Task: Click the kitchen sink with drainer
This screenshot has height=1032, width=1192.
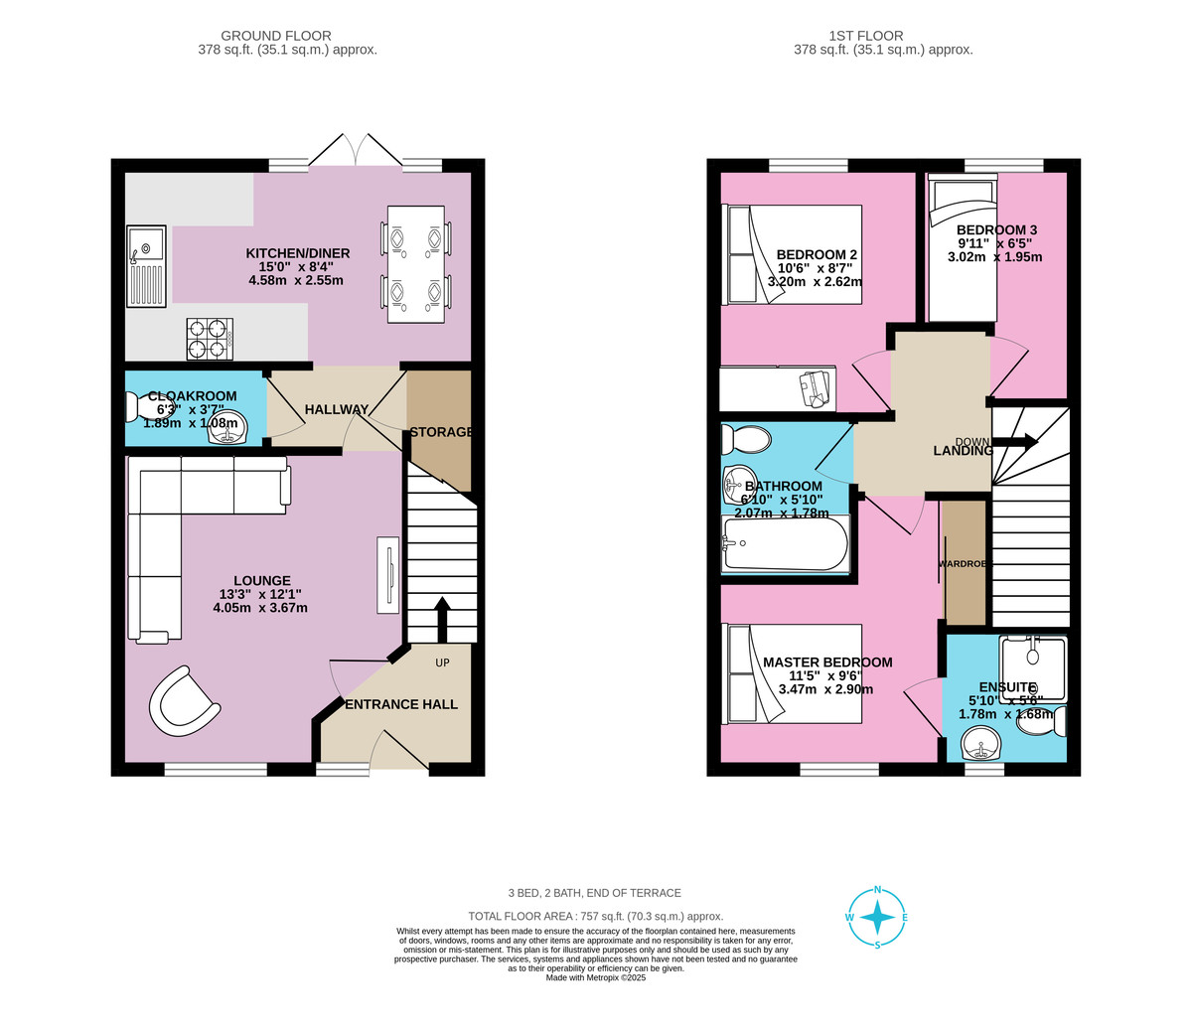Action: [145, 267]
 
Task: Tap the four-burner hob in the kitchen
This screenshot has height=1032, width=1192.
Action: [209, 338]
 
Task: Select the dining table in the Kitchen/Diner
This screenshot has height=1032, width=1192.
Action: [415, 264]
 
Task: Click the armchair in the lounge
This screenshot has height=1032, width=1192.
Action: [183, 700]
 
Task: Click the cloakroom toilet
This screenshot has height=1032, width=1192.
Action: [135, 407]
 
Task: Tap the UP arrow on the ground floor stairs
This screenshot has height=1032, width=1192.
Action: [442, 620]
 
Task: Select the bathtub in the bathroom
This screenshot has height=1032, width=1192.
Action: [785, 543]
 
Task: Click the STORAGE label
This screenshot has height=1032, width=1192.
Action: [441, 432]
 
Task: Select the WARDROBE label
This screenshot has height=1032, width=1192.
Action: [964, 564]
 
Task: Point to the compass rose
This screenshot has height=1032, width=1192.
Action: [877, 918]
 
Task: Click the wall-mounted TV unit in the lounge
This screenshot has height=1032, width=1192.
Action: [387, 574]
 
